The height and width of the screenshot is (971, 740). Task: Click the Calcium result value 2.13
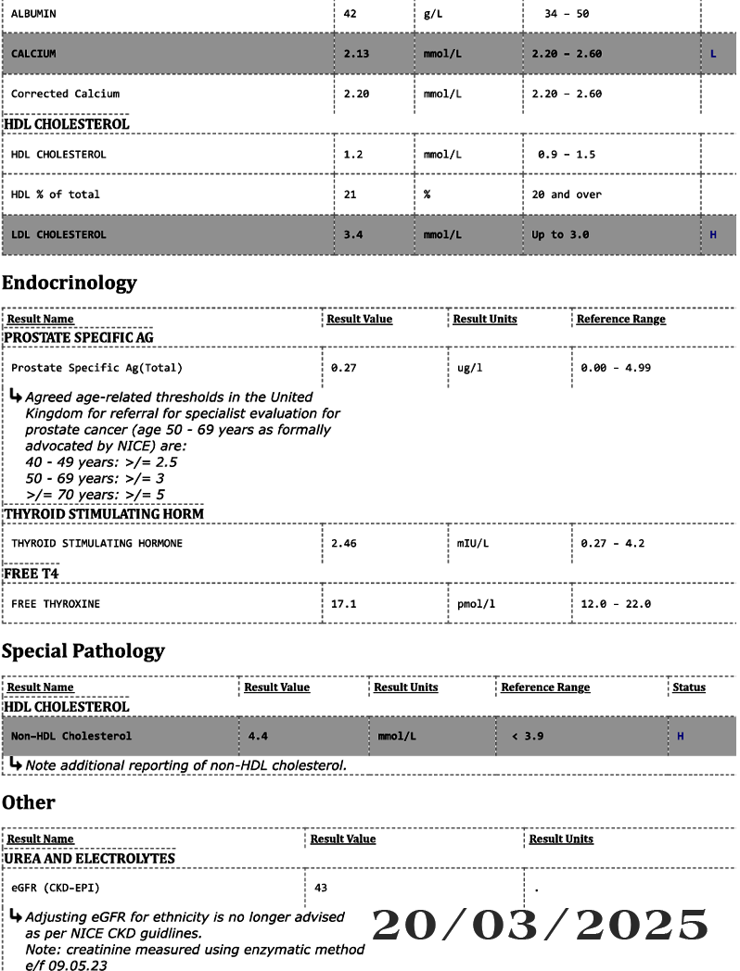[356, 54]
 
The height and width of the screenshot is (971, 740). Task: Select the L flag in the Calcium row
[712, 54]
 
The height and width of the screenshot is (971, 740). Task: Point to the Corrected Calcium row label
[65, 94]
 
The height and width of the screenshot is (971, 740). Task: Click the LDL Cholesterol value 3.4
[352, 234]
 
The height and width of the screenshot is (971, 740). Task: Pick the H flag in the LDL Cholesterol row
[712, 234]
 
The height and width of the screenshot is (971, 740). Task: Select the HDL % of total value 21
[350, 195]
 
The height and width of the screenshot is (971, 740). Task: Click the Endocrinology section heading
[69, 283]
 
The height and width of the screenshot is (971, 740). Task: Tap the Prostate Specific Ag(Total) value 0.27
[343, 368]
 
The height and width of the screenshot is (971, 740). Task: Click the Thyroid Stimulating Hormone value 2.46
[343, 543]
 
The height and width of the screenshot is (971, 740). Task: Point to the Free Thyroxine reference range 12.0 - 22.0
[616, 604]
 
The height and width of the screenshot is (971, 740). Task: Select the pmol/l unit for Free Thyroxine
[476, 604]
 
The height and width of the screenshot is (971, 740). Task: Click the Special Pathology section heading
[83, 650]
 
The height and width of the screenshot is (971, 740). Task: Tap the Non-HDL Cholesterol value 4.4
[258, 737]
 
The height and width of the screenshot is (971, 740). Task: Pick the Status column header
[688, 687]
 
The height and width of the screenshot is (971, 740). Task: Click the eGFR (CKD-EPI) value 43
[321, 888]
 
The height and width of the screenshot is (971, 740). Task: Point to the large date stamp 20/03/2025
[540, 926]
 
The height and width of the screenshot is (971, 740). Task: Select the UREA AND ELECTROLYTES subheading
[90, 859]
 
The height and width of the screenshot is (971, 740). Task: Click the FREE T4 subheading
[32, 574]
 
